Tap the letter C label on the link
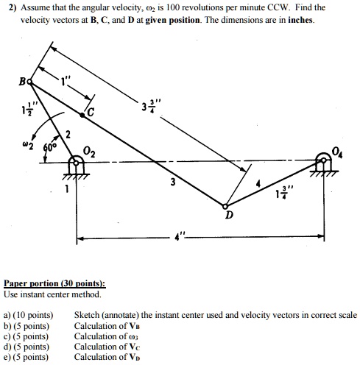[x=91, y=112]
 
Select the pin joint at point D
[x=226, y=207]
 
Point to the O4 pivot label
[x=336, y=152]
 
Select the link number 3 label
[x=172, y=181]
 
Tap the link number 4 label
[x=257, y=182]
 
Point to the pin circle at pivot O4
[x=322, y=161]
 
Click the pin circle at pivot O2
[x=76, y=161]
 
